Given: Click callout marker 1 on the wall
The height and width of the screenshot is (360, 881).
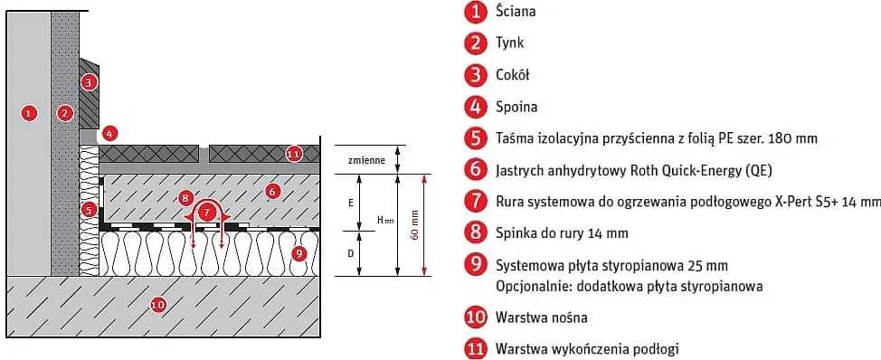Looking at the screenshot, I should click(x=29, y=113).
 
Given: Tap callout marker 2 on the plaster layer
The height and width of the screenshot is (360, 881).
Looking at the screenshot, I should click(x=64, y=113).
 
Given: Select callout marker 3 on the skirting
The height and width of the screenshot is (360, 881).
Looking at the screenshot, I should click(x=88, y=82).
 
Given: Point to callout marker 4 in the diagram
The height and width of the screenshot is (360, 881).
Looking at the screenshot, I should click(x=109, y=133).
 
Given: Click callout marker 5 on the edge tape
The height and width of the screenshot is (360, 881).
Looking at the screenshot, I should click(x=90, y=210).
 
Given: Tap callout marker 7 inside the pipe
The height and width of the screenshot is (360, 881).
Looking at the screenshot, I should click(x=209, y=212).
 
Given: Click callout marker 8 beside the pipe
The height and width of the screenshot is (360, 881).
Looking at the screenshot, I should click(x=185, y=196).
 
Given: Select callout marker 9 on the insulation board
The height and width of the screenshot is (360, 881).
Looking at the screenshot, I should click(x=300, y=253).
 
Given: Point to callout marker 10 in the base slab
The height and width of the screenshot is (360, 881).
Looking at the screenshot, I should click(x=158, y=305).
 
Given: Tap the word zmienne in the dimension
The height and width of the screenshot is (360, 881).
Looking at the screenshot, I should click(x=366, y=160).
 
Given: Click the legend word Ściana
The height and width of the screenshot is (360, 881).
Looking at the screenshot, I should click(x=516, y=12).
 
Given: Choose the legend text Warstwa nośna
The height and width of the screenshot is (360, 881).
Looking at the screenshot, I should click(x=541, y=317).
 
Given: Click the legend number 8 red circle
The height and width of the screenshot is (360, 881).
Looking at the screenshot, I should click(x=474, y=233).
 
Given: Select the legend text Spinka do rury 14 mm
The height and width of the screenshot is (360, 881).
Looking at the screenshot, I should click(x=561, y=233).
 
